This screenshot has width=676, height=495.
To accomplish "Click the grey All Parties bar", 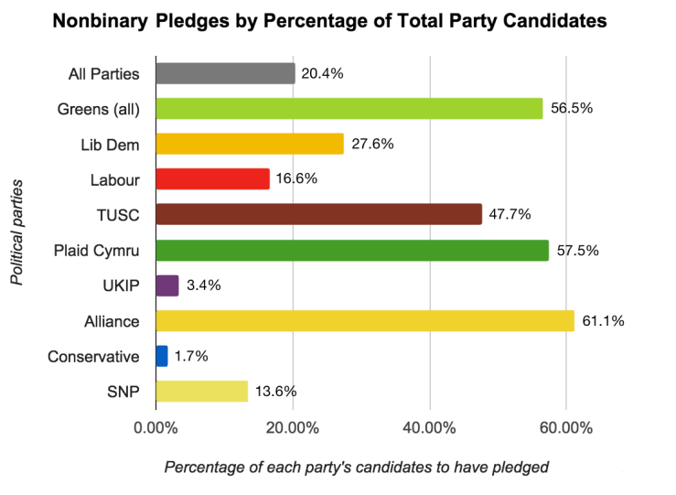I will pyautogui.click(x=225, y=73).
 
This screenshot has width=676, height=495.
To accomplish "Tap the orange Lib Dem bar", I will pyautogui.click(x=250, y=144).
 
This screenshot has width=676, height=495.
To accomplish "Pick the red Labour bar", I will pyautogui.click(x=212, y=179).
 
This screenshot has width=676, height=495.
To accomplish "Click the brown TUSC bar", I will pyautogui.click(x=318, y=214).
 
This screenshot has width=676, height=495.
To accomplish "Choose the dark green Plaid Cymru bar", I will pyautogui.click(x=352, y=250).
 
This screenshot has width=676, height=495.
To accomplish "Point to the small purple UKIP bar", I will pyautogui.click(x=167, y=285).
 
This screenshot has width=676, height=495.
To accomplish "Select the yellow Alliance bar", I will pyautogui.click(x=365, y=320).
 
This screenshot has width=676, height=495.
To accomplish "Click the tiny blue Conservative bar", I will pyautogui.click(x=162, y=356).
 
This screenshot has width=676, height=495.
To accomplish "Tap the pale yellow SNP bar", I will pyautogui.click(x=202, y=391).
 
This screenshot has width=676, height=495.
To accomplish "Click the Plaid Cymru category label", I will pyautogui.click(x=96, y=250).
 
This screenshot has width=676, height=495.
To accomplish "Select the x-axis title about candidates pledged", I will pyautogui.click(x=357, y=467).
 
